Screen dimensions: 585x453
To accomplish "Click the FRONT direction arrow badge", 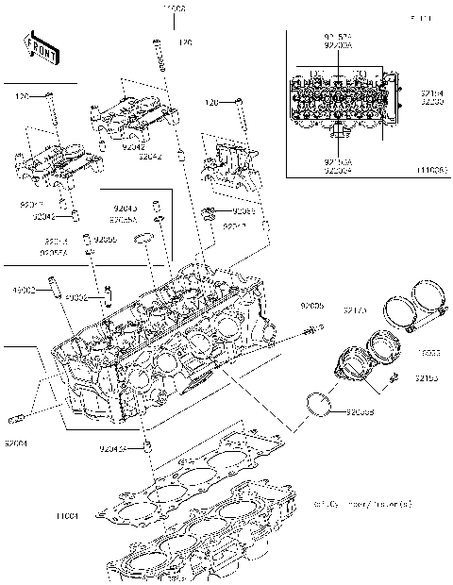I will coord(39,44).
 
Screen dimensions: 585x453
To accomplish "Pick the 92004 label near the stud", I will coord(15,443).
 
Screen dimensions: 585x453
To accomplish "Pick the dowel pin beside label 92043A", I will coord(147,443).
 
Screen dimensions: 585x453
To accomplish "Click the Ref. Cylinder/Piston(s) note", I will coord(362,504).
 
